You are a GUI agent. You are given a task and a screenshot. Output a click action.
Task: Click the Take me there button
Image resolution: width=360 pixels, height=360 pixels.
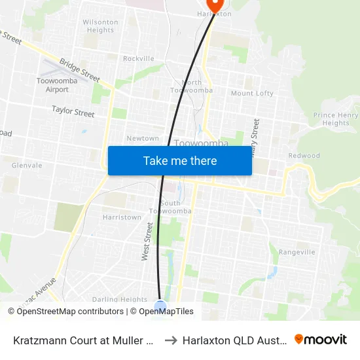[x=180, y=160]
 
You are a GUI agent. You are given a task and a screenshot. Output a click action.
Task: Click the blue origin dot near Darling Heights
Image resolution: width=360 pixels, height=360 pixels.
[x=160, y=306]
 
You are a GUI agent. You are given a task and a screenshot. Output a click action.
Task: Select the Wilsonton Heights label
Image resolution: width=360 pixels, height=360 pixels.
[x=100, y=26]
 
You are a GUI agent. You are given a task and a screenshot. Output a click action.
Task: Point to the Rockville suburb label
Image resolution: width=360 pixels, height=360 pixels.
[x=138, y=59]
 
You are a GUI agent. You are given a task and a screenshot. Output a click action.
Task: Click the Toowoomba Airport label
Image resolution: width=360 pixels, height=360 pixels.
[x=53, y=86]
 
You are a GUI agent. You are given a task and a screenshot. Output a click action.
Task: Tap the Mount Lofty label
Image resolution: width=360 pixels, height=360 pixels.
[x=252, y=94]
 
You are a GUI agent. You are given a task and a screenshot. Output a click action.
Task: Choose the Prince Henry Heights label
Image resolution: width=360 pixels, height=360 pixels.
[x=336, y=119]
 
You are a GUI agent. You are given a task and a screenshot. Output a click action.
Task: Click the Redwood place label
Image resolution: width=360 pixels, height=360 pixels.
[x=304, y=156]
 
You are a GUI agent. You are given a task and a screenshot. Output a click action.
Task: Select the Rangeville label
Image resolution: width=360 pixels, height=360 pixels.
[x=297, y=252]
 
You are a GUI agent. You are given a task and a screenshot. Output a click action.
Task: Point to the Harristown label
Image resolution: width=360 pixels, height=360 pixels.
[x=122, y=217]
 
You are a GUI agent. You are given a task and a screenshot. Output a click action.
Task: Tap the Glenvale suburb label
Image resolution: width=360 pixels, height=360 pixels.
[x=27, y=166]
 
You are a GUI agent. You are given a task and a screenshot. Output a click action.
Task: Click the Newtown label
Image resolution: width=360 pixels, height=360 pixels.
[x=143, y=139]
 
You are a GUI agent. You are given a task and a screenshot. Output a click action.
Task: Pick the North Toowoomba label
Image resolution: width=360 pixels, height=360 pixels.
[x=191, y=86]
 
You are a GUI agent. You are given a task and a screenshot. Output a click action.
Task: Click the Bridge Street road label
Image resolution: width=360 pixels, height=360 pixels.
[x=79, y=71]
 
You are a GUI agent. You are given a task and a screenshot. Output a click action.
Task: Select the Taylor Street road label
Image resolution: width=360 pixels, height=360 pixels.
[x=73, y=112]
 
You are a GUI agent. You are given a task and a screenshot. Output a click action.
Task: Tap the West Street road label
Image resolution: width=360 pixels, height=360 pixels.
[x=148, y=242]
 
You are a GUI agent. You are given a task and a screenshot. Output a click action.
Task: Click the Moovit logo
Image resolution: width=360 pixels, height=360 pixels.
[x=321, y=340]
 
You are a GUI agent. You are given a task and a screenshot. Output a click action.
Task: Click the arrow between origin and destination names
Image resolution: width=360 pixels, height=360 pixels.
[x=170, y=340]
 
